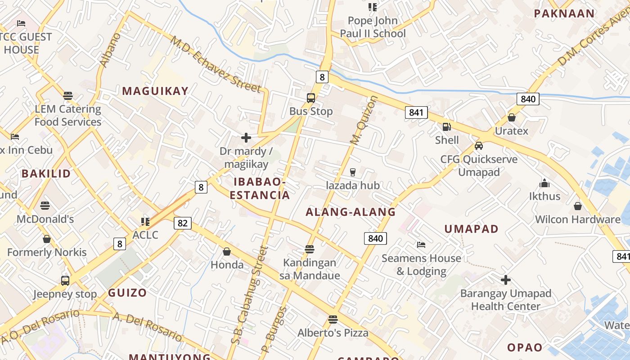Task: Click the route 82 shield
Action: click(x=182, y=223)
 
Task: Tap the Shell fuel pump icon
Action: click(x=446, y=127)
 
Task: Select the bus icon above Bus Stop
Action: click(x=310, y=98)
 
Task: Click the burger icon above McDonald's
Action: click(x=45, y=206)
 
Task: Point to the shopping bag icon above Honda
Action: click(x=227, y=252)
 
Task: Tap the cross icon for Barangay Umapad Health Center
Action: click(x=506, y=280)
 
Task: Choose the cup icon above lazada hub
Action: click(x=352, y=172)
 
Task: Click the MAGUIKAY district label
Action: click(x=155, y=91)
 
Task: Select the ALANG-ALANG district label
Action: click(x=351, y=212)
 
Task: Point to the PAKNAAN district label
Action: click(x=564, y=13)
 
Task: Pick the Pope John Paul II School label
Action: click(x=373, y=27)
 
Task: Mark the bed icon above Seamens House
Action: click(x=421, y=245)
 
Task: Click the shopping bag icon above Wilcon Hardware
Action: click(x=578, y=206)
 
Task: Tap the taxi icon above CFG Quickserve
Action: click(x=479, y=146)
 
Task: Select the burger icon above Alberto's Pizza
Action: click(x=333, y=319)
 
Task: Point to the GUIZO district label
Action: click(x=127, y=293)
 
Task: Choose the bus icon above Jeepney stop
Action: click(x=65, y=281)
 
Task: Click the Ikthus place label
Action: click(x=544, y=196)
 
